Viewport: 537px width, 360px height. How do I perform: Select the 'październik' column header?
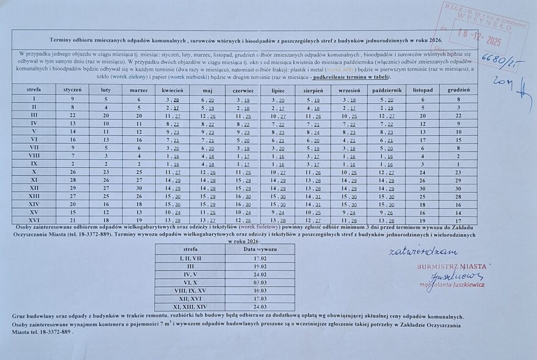point(386,90)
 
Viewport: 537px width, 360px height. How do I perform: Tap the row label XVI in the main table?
point(34,221)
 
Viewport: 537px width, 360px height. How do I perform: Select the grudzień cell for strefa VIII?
point(458,156)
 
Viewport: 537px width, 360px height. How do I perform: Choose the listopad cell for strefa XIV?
point(422,204)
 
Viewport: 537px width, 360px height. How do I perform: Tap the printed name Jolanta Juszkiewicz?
point(456,284)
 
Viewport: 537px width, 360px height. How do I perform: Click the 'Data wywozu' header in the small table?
point(260,249)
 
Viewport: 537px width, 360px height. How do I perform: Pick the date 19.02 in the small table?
point(260,266)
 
